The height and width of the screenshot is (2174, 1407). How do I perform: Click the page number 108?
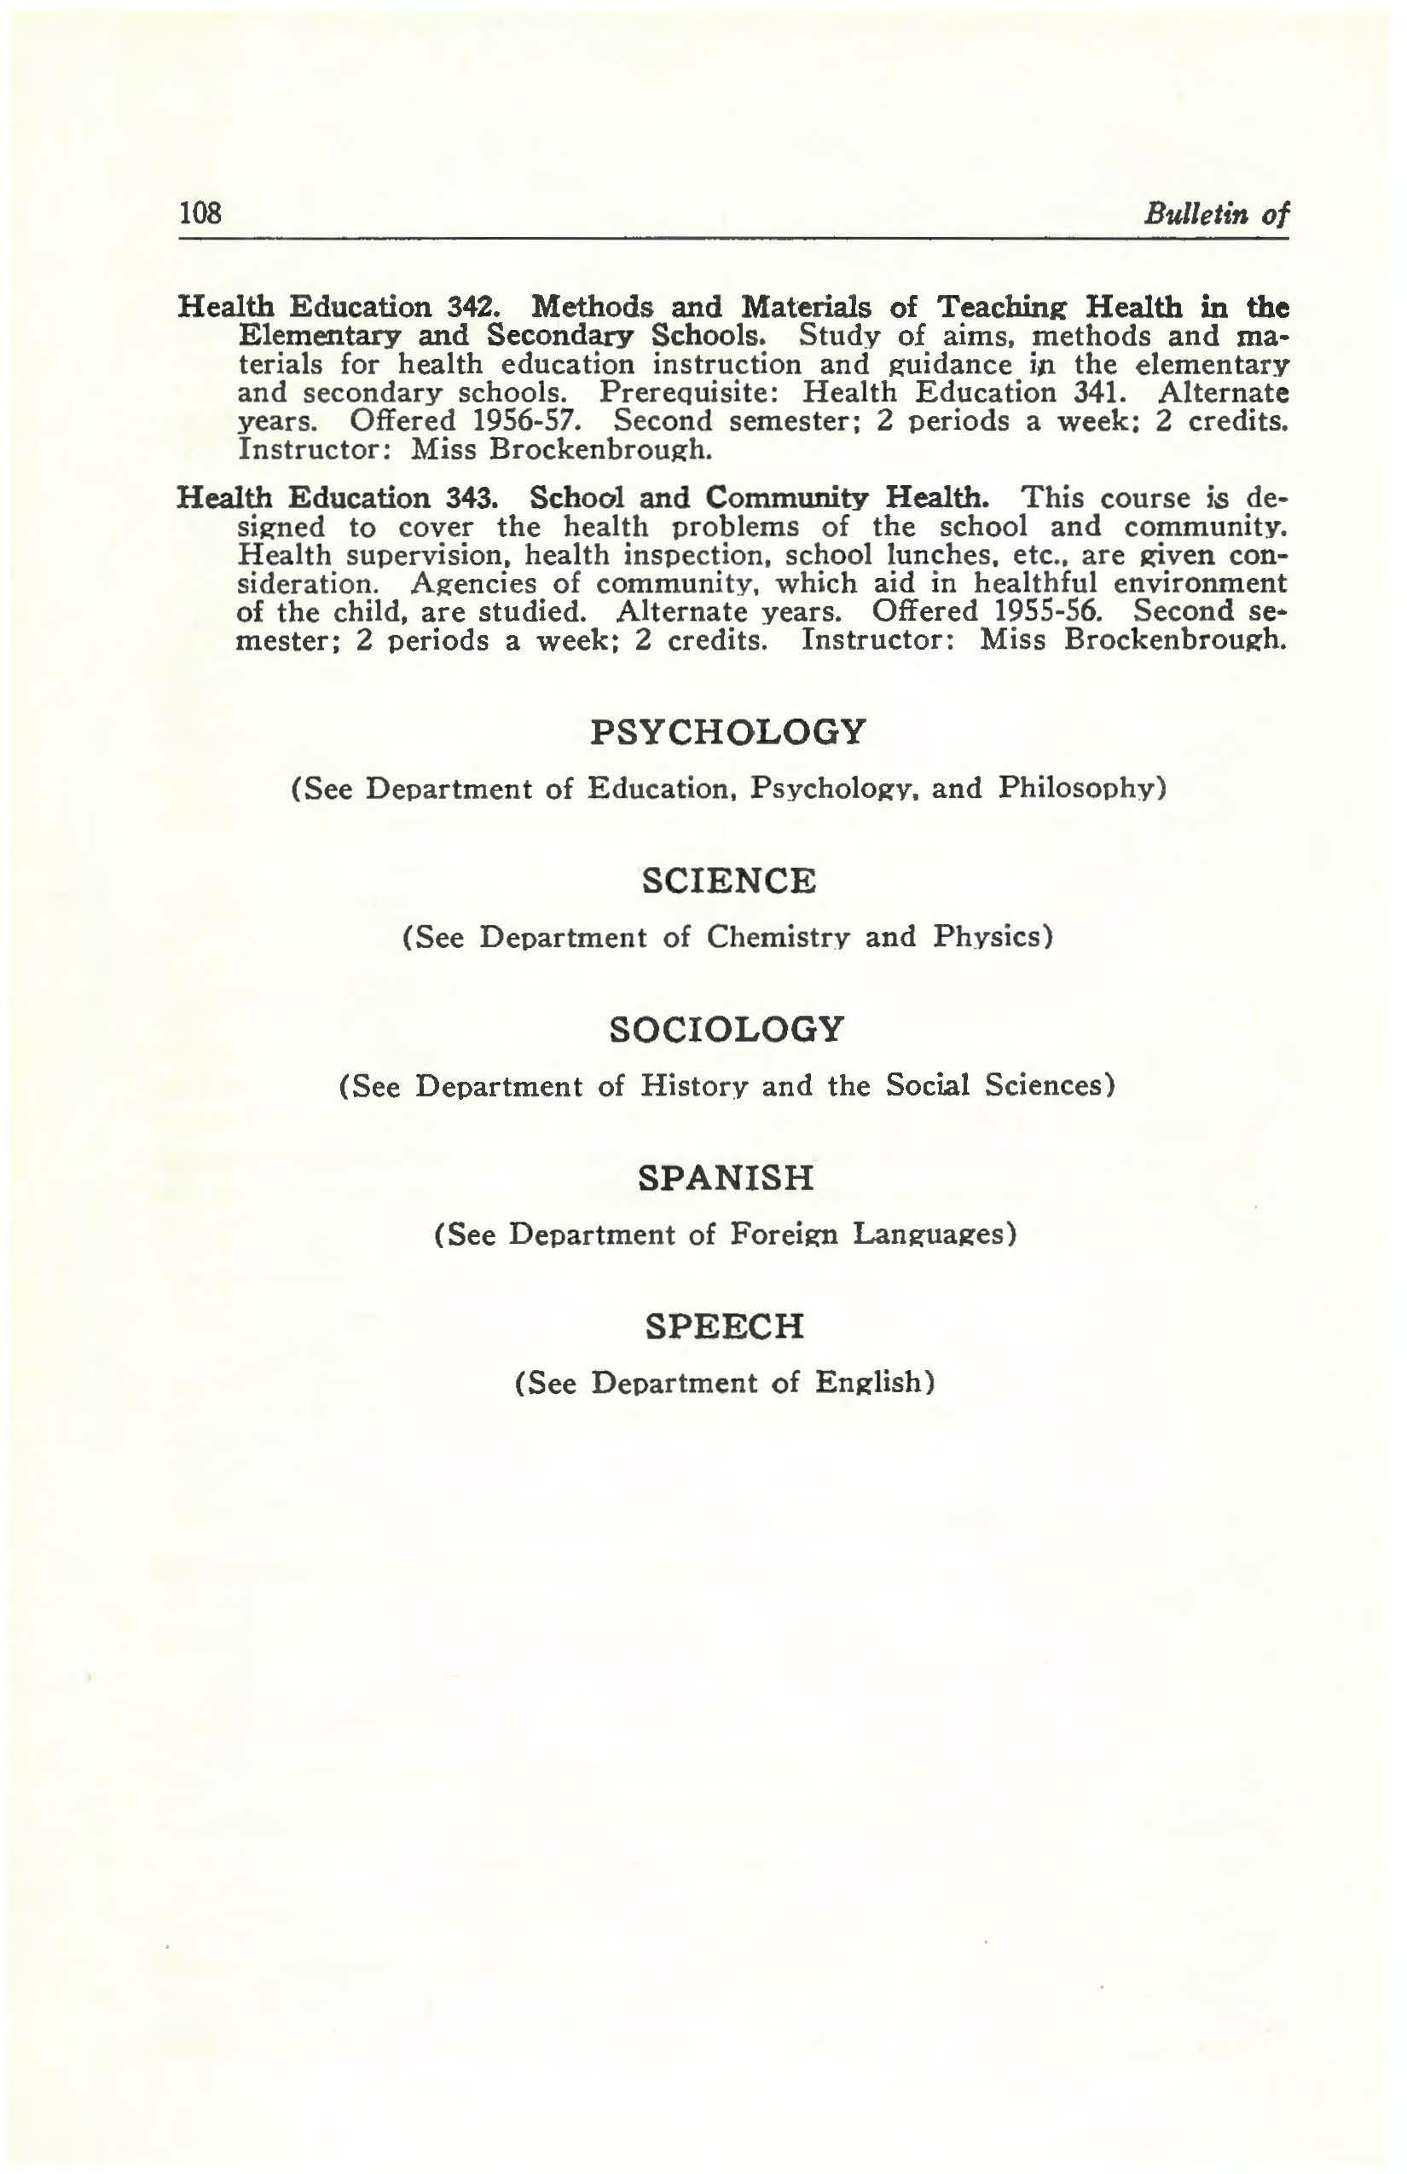click(200, 213)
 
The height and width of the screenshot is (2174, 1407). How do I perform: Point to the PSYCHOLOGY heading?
click(727, 731)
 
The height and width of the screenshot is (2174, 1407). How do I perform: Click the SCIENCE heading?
click(727, 881)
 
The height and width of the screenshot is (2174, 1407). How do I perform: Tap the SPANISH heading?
click(726, 1177)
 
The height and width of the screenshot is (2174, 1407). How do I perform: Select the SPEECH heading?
click(725, 1326)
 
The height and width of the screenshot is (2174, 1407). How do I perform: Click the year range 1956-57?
click(530, 422)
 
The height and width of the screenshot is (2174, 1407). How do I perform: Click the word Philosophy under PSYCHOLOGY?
click(1081, 789)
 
